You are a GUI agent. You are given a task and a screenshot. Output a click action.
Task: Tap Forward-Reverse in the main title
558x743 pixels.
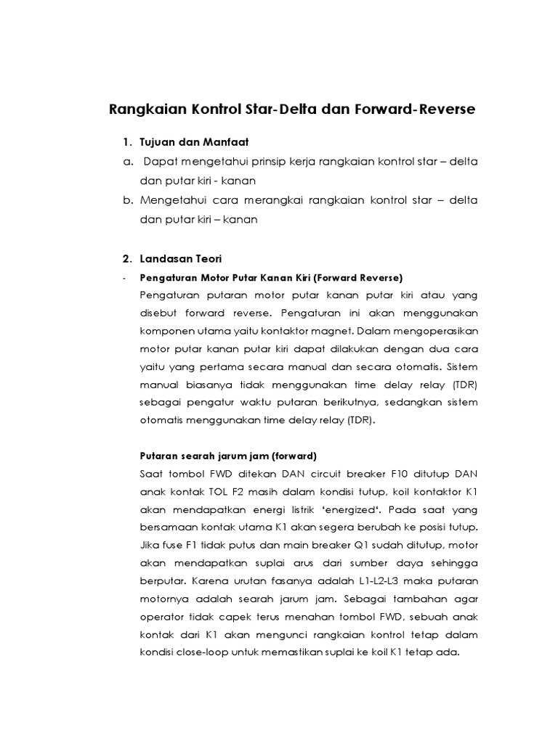(416, 110)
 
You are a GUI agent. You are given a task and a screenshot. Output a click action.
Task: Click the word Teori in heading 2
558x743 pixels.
(206, 259)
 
